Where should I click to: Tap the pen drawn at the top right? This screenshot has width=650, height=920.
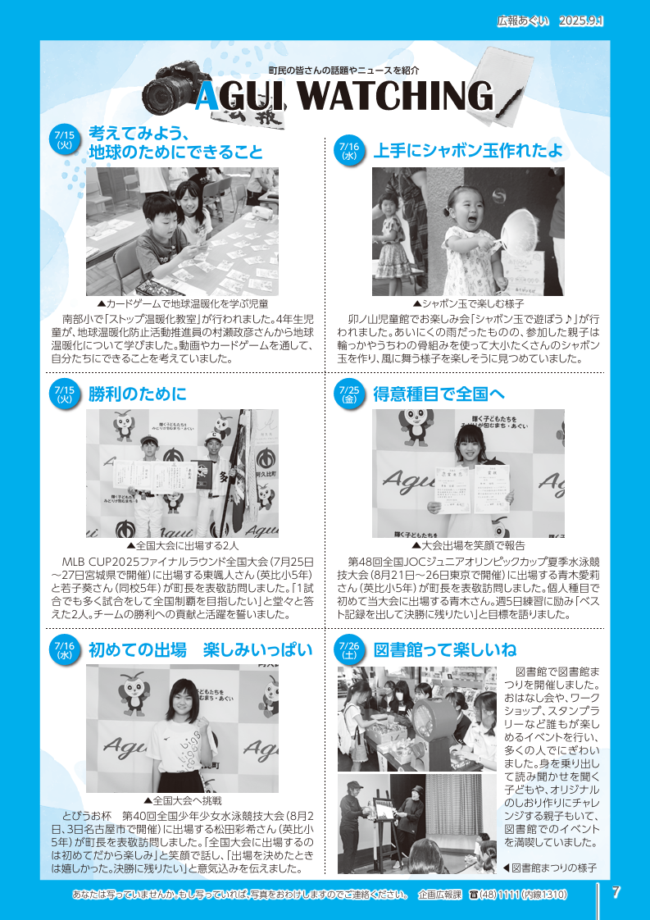(x=509, y=100)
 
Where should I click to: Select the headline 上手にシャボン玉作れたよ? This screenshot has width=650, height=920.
(x=467, y=151)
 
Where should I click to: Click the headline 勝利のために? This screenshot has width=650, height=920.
(x=137, y=394)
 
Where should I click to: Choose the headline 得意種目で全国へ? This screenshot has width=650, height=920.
(x=439, y=394)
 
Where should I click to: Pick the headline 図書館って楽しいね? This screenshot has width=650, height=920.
(x=445, y=650)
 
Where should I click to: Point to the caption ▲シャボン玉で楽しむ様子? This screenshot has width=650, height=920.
(x=468, y=304)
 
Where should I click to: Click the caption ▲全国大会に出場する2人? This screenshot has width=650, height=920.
(x=183, y=545)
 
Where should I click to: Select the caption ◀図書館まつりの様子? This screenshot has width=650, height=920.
(x=549, y=868)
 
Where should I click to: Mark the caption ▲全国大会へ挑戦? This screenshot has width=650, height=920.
(x=183, y=800)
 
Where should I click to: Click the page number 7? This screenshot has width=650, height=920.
(x=616, y=892)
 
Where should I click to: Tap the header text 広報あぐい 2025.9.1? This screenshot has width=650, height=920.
(x=550, y=21)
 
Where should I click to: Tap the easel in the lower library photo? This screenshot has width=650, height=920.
(x=384, y=828)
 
